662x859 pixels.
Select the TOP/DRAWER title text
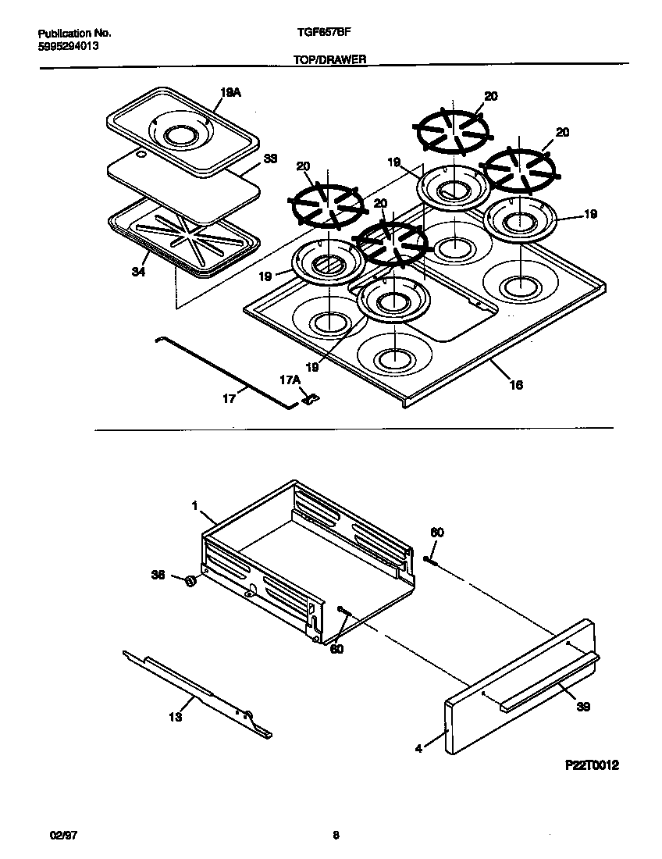click(x=330, y=59)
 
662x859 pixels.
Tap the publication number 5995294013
click(x=69, y=46)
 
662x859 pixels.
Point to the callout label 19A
click(x=230, y=92)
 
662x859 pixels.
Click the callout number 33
click(x=270, y=158)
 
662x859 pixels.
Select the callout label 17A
click(x=290, y=380)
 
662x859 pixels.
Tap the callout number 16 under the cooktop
click(x=516, y=384)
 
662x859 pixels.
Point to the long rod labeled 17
click(x=226, y=372)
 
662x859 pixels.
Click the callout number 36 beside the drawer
click(x=158, y=576)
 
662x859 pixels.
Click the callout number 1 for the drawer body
click(x=194, y=506)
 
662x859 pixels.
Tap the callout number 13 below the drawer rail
click(x=176, y=717)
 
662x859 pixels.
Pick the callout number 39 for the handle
click(x=583, y=707)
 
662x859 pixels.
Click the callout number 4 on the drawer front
click(x=418, y=748)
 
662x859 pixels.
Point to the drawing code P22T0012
click(x=592, y=766)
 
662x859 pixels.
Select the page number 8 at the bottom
click(x=336, y=835)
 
